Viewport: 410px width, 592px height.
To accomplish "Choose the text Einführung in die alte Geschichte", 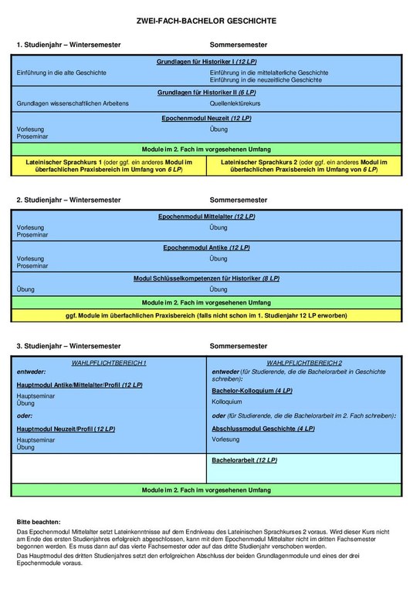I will click(61, 72).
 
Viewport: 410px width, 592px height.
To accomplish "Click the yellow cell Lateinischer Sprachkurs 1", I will click(110, 165).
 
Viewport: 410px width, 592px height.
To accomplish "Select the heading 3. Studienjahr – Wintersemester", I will click(68, 348).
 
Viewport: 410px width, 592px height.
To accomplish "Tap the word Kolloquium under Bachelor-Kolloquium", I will click(227, 402).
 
